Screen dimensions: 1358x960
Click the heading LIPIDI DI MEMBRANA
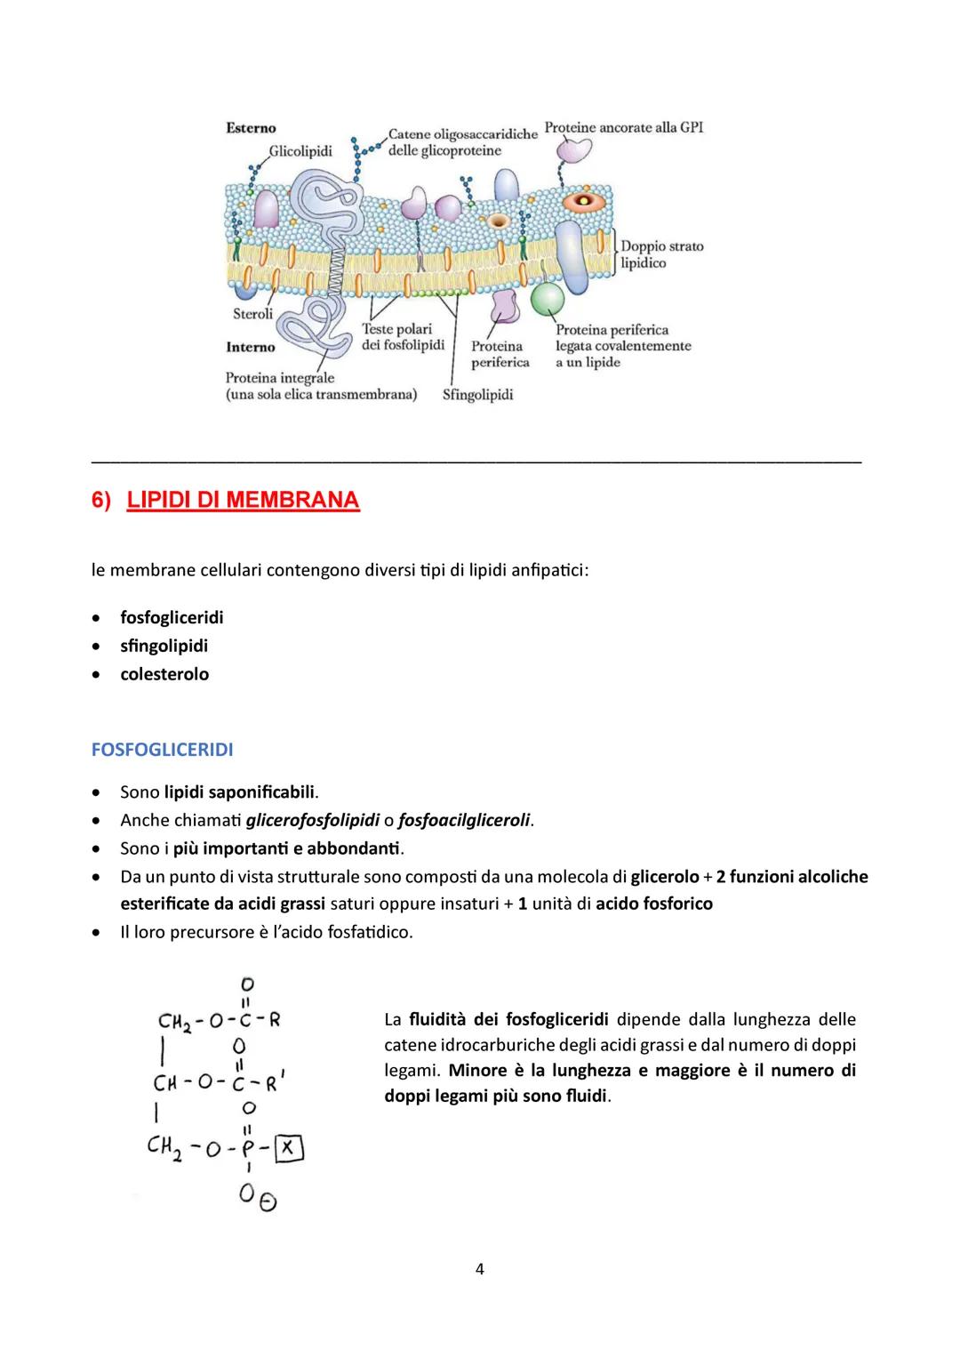click(243, 501)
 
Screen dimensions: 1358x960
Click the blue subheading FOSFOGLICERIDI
click(162, 750)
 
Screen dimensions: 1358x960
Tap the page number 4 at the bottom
click(480, 1269)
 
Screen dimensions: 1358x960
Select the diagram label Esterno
click(251, 128)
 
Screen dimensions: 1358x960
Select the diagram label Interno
click(250, 347)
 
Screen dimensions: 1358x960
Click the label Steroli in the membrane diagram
click(252, 314)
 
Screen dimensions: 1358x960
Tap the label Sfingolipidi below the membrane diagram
click(477, 394)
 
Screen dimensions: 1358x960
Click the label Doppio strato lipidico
click(661, 254)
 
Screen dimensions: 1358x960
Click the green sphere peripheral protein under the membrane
click(548, 299)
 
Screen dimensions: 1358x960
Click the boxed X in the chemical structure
click(288, 1150)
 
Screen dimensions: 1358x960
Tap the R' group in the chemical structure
click(276, 1084)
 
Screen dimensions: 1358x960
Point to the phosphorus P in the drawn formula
click(250, 1151)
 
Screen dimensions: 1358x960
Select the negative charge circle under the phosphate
click(268, 1202)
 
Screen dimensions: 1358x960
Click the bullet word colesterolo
click(164, 674)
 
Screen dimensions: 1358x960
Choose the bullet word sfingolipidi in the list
click(164, 646)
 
